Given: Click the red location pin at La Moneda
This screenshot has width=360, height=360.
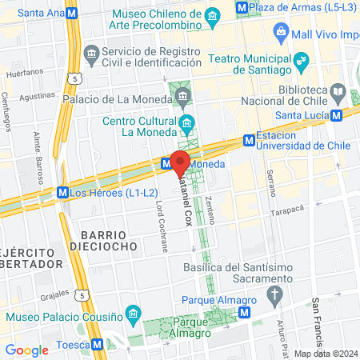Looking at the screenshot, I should click(x=180, y=160).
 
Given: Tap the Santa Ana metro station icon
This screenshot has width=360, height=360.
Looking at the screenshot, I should click(x=74, y=14).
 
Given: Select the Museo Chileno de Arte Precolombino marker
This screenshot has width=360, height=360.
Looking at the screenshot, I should click(x=213, y=15).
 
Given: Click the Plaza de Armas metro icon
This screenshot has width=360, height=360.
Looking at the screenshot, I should click(x=242, y=6).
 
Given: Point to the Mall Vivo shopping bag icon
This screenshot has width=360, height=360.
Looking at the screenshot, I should click(x=281, y=34).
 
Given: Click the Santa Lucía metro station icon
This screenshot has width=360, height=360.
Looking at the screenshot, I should click(x=337, y=114).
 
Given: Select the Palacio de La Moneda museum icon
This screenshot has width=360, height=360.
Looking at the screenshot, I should click(x=184, y=98).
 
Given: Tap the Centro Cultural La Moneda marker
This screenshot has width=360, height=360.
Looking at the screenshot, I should click(x=187, y=122).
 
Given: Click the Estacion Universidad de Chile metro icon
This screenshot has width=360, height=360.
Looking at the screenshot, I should click(x=249, y=142).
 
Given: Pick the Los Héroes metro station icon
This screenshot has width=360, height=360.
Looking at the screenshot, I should click(x=62, y=193).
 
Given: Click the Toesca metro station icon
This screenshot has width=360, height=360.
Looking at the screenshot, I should click(x=98, y=346).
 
